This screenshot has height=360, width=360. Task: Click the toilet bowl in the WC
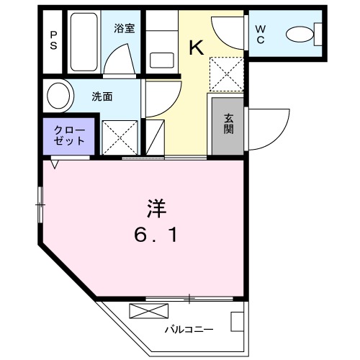[x=300, y=32]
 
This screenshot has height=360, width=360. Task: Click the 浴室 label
[x=125, y=29]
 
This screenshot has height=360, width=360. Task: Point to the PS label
[x=54, y=40]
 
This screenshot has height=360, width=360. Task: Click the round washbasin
[x=60, y=95]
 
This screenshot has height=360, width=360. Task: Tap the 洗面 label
[x=102, y=96]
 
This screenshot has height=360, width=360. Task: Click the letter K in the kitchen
[x=195, y=49]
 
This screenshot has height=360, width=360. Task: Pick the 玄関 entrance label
[x=228, y=124]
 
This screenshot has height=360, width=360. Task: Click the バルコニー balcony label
[x=189, y=329]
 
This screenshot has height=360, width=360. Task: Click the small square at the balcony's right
[x=237, y=320]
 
